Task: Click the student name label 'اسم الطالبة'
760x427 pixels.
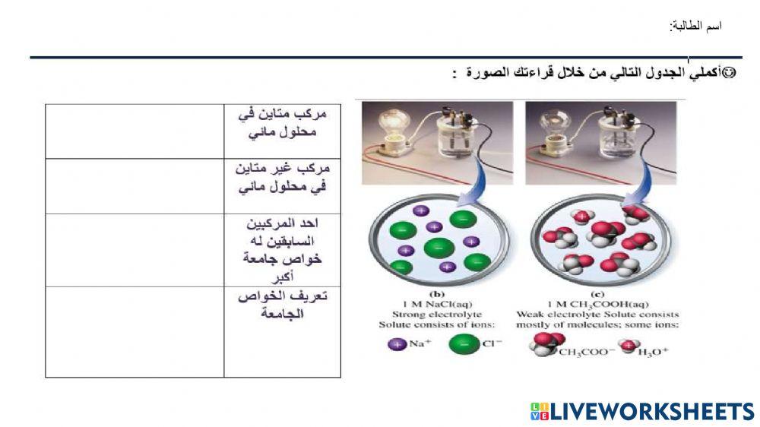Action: pyautogui.click(x=695, y=27)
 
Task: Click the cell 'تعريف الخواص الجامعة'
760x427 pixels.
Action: pyautogui.click(x=282, y=305)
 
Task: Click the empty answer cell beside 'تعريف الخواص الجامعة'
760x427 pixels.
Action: pyautogui.click(x=135, y=331)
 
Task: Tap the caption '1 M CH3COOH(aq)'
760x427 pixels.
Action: pyautogui.click(x=598, y=304)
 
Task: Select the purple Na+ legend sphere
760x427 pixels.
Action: pyautogui.click(x=397, y=344)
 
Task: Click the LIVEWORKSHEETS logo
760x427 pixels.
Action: pyautogui.click(x=642, y=412)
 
